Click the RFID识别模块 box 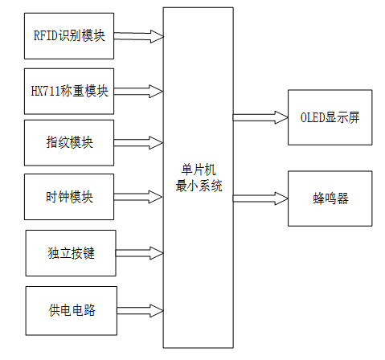tap(70, 35)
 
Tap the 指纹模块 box tap(70, 143)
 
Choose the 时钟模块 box tap(70, 197)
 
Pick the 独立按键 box tap(71, 252)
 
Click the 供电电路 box tap(71, 309)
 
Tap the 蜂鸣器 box tap(330, 198)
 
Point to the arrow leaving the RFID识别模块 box tap(139, 36)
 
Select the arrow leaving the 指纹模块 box tap(139, 143)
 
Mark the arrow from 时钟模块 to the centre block tap(139, 196)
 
